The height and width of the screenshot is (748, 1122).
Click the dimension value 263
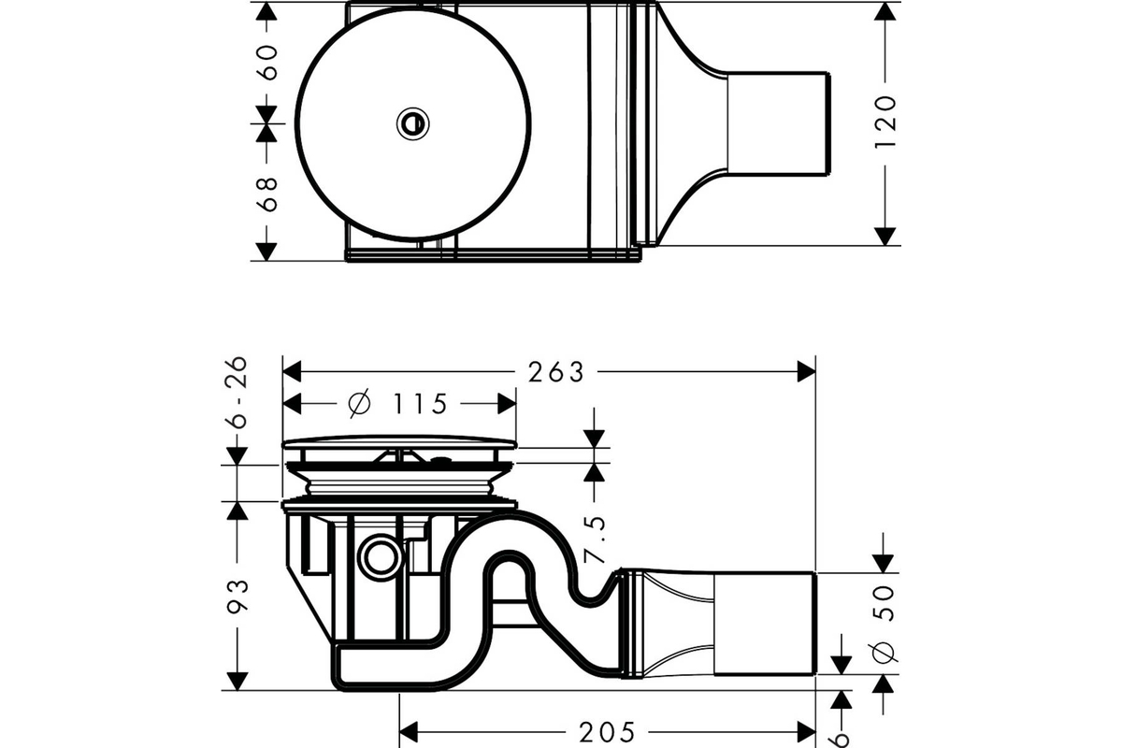point(556,372)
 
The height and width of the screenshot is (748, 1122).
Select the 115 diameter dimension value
point(420,404)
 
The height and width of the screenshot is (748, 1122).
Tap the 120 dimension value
point(885,122)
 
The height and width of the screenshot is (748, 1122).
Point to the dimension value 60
point(266,62)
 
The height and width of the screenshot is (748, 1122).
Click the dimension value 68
point(266,194)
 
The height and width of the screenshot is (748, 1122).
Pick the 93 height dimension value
point(237,596)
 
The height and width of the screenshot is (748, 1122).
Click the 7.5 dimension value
point(595,539)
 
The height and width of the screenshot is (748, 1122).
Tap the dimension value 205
point(607,732)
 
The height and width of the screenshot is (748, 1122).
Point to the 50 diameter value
point(884,603)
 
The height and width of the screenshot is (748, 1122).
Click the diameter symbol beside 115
point(360,403)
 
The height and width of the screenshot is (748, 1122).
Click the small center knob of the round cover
point(412,123)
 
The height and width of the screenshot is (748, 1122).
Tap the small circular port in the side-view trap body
point(381,556)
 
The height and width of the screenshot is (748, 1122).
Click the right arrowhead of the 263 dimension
point(806,372)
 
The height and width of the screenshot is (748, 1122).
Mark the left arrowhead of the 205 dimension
point(409,732)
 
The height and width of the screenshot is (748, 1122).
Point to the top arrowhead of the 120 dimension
point(885,11)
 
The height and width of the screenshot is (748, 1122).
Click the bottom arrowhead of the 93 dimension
point(237,682)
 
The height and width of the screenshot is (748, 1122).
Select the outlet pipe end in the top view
point(778,123)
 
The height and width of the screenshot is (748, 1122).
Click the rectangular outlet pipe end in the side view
point(765,624)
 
